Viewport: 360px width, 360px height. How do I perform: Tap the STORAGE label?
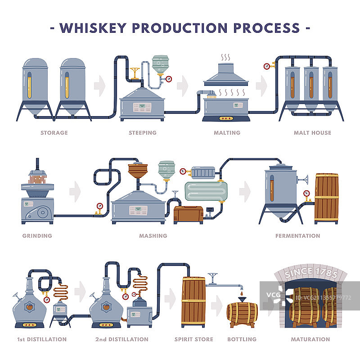click(54, 133)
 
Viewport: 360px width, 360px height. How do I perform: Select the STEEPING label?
click(142, 133)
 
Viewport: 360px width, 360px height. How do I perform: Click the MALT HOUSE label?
click(312, 133)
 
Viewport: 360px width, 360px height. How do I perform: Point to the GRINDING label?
click(37, 236)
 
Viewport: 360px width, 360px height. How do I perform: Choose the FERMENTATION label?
click(297, 236)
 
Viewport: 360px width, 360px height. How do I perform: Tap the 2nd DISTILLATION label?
click(121, 339)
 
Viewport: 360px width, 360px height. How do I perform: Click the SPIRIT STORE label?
click(193, 339)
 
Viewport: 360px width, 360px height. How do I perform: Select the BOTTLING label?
click(242, 339)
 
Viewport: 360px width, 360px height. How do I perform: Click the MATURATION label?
click(310, 339)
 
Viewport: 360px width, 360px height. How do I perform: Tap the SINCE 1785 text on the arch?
click(310, 272)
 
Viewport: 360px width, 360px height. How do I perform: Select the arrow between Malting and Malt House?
click(261, 84)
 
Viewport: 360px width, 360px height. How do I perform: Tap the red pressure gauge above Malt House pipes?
click(267, 66)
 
